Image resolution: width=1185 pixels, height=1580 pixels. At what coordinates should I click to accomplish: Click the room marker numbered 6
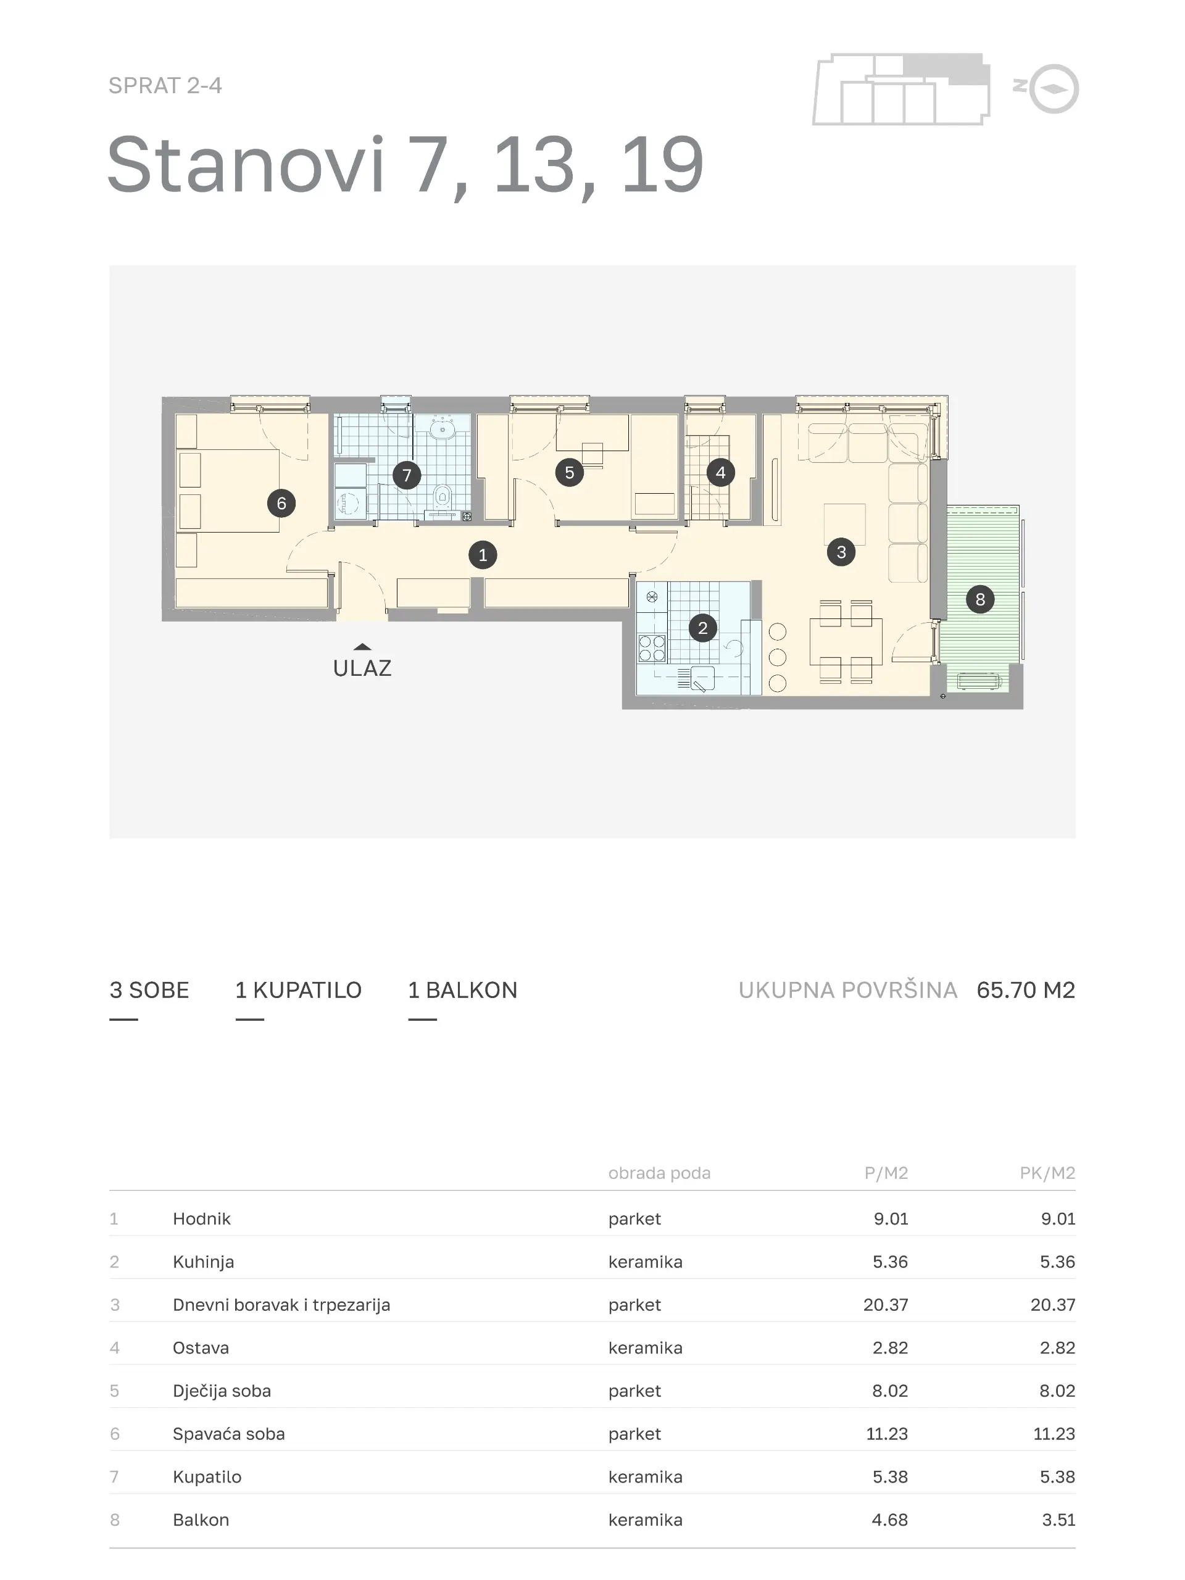[x=281, y=504]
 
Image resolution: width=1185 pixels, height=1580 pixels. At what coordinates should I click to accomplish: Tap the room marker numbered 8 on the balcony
[x=980, y=599]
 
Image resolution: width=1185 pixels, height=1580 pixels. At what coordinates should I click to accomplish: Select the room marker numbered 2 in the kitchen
[x=703, y=628]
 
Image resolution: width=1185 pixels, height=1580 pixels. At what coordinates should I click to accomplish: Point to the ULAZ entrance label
[x=362, y=668]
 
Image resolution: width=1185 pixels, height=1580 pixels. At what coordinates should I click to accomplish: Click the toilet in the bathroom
[x=443, y=496]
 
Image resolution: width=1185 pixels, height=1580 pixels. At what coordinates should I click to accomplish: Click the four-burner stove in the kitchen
[x=651, y=648]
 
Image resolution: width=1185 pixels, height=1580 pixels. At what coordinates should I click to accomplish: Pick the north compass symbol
[x=1054, y=89]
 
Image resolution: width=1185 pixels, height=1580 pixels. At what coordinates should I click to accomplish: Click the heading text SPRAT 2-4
[x=165, y=86]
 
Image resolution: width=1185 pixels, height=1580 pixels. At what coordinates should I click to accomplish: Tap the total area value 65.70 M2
[x=1026, y=990]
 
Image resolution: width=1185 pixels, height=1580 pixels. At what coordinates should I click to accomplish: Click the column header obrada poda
[x=659, y=1173]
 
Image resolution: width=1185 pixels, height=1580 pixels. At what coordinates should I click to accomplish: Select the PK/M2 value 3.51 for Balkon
[x=1058, y=1520]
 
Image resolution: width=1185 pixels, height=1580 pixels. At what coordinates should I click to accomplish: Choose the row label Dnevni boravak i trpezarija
[x=281, y=1305]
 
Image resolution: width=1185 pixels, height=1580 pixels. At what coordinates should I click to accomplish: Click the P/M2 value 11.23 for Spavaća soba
[x=887, y=1434]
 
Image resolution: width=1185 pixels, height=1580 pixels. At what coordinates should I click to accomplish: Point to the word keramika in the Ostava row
[x=646, y=1348]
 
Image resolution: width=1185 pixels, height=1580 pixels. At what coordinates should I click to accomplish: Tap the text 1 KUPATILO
[x=299, y=990]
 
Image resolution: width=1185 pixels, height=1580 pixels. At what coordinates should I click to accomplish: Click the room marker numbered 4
[x=720, y=472]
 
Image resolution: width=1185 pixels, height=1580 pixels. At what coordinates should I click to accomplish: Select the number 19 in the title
[x=663, y=165]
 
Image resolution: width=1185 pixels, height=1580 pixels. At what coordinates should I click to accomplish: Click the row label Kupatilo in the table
[x=207, y=1476]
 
